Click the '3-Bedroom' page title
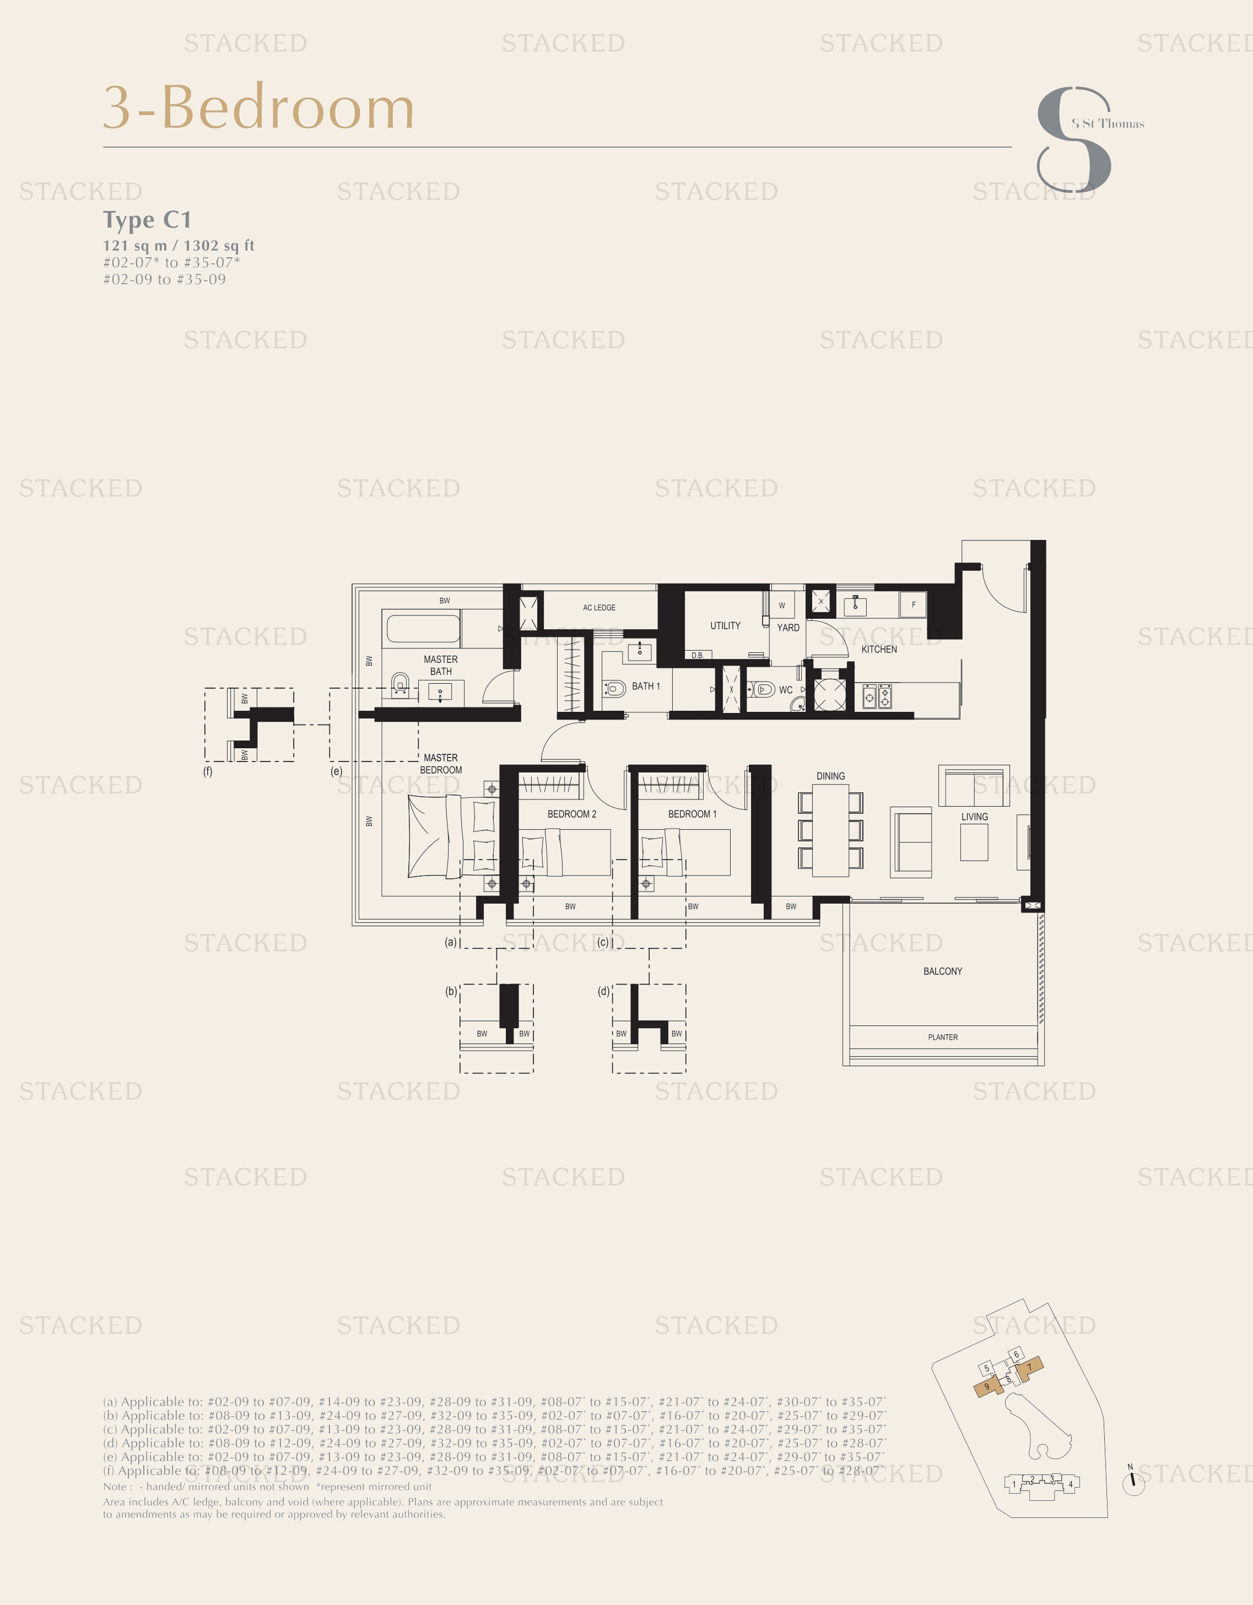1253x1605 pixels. point(258,107)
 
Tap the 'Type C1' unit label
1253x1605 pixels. point(147,220)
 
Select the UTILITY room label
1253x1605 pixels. point(725,625)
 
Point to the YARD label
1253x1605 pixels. point(788,628)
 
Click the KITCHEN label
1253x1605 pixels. point(879,649)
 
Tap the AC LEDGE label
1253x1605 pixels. point(599,608)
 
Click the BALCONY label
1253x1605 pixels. point(942,971)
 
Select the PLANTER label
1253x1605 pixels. point(943,1037)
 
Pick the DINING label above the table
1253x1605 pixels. point(830,776)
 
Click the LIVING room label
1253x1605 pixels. point(975,817)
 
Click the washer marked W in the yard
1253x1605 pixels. point(782,606)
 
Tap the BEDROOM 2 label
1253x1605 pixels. point(572,814)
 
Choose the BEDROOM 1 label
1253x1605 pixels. point(692,814)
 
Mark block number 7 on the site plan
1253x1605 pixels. point(1030,1367)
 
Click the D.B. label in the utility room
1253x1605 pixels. point(698,655)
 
